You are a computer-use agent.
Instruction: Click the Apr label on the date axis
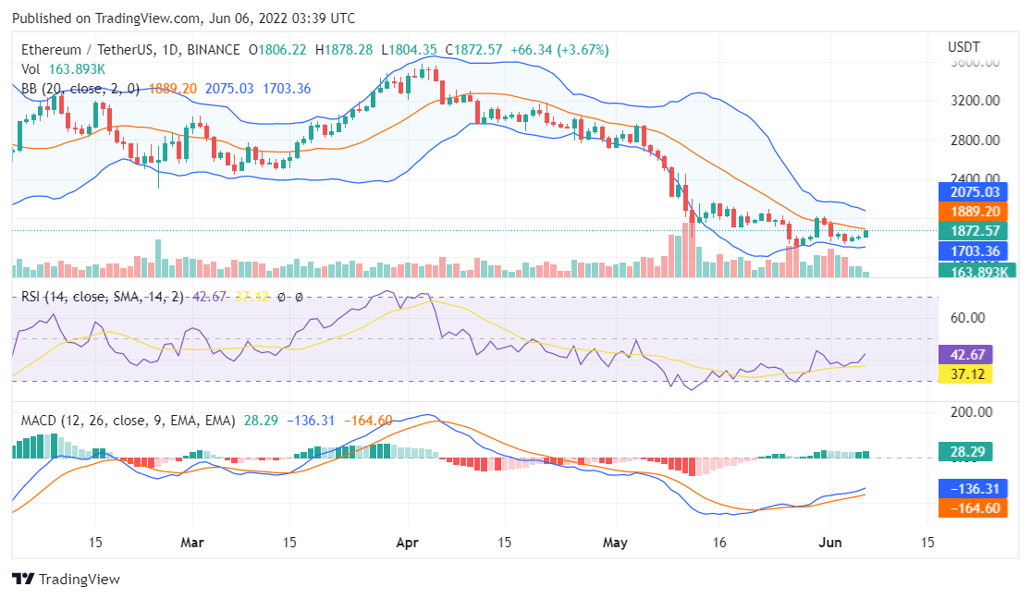click(408, 543)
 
